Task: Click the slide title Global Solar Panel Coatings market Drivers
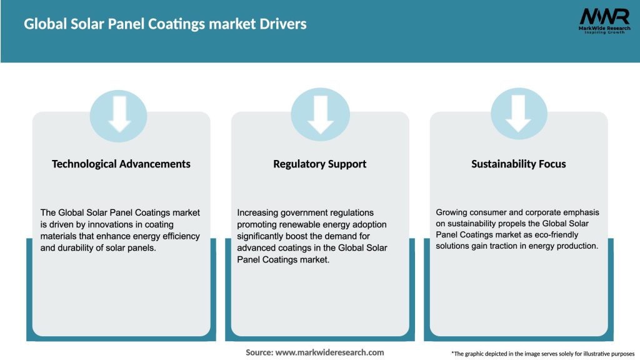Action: coord(165,24)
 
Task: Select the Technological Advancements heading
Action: coord(121,164)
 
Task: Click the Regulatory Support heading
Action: coord(319,164)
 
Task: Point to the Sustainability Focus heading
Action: coord(518,164)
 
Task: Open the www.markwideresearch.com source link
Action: coord(330,352)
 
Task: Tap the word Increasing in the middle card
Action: coord(257,213)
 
